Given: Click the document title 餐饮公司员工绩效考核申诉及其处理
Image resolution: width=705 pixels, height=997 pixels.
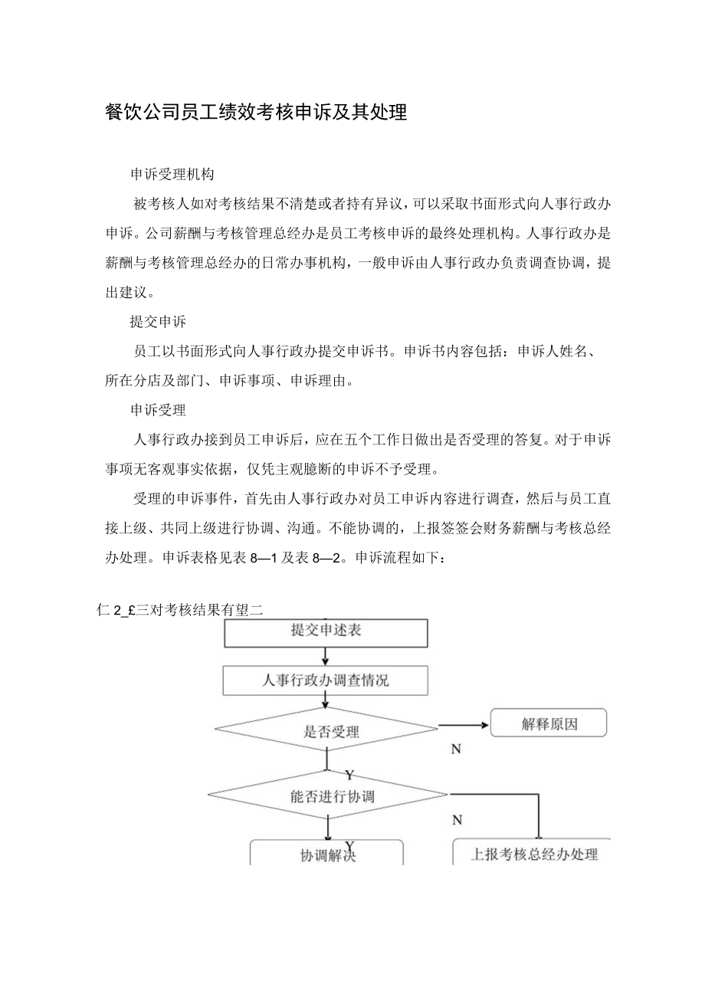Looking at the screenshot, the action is (255, 113).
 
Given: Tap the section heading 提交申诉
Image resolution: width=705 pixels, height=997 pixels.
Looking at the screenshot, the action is (158, 322).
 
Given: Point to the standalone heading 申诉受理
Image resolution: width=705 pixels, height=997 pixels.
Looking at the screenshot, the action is (158, 410).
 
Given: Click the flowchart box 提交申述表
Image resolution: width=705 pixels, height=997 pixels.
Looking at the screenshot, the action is (326, 631).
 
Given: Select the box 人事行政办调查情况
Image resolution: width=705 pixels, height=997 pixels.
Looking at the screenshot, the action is (326, 680).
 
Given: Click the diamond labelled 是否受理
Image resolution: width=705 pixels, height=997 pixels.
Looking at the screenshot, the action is (326, 731).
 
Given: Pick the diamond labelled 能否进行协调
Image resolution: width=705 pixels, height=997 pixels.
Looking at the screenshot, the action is (327, 796).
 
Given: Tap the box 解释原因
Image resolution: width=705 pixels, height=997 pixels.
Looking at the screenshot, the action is (549, 723).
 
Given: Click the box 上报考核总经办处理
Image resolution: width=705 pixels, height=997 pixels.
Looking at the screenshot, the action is (533, 854).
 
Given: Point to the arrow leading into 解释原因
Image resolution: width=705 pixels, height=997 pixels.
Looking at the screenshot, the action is (463, 724).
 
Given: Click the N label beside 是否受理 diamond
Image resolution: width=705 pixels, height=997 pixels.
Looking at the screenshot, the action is (456, 749).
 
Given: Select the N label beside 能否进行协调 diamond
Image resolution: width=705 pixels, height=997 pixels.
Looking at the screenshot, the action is (457, 820).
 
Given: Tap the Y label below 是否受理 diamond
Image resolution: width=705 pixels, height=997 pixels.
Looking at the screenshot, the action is (349, 774).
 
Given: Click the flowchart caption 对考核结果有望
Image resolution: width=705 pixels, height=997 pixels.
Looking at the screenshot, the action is (201, 610).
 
